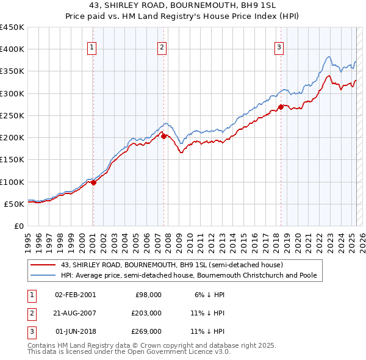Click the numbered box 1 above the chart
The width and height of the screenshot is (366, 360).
pyautogui.click(x=92, y=48)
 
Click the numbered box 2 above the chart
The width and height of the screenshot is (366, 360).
pyautogui.click(x=162, y=48)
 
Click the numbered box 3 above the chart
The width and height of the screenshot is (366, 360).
pyautogui.click(x=279, y=48)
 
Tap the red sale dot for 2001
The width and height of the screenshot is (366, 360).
pyautogui.click(x=93, y=182)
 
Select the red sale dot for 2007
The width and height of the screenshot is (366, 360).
pyautogui.click(x=164, y=136)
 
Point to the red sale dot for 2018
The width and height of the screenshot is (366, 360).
pyautogui.click(x=281, y=107)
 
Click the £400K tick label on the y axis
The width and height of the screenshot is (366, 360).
pyautogui.click(x=12, y=49)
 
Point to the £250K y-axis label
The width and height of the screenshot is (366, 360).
pyautogui.click(x=12, y=115)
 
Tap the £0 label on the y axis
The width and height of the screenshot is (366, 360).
pyautogui.click(x=19, y=226)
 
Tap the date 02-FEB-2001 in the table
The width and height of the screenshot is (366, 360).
pyautogui.click(x=75, y=295)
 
